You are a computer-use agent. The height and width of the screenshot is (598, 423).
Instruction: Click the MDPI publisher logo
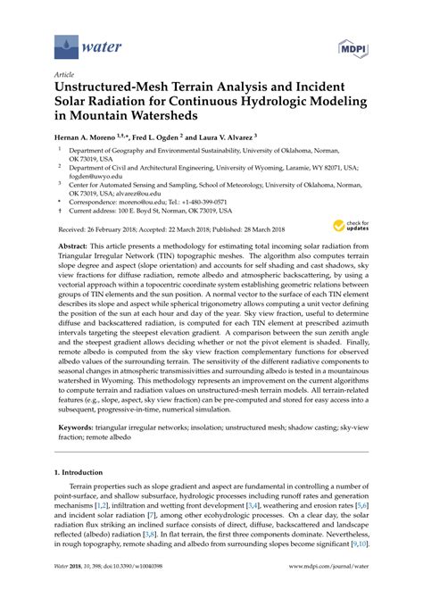[352, 42]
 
